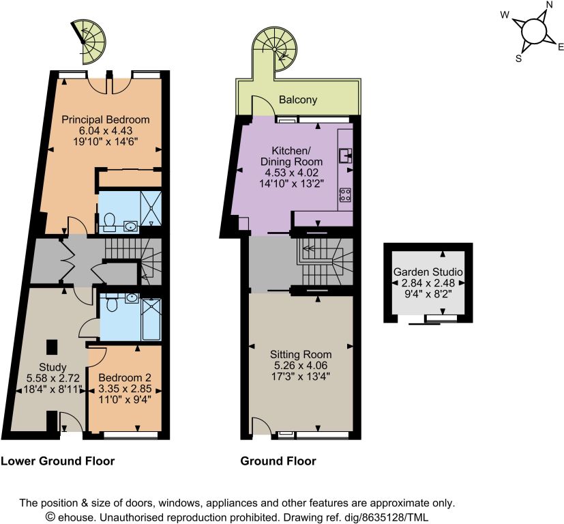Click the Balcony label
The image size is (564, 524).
click(x=298, y=100)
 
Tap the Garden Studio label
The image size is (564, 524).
click(x=428, y=272)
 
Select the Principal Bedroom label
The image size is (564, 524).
click(x=106, y=119)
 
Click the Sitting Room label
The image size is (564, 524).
click(x=301, y=355)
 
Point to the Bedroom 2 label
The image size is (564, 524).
click(x=124, y=378)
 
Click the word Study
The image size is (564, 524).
click(x=53, y=368)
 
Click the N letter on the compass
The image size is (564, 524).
click(x=549, y=5)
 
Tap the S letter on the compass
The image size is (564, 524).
click(x=519, y=58)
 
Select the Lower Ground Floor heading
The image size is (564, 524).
click(x=57, y=461)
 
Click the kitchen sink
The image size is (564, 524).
click(x=345, y=156)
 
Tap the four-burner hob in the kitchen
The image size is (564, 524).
click(x=345, y=194)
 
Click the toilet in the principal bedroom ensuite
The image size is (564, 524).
click(x=108, y=222)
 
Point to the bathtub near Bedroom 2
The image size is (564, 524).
click(x=151, y=319)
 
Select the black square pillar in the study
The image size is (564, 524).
click(x=51, y=347)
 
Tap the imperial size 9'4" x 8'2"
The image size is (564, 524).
click(x=428, y=293)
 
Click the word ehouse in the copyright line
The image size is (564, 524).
click(x=76, y=517)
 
